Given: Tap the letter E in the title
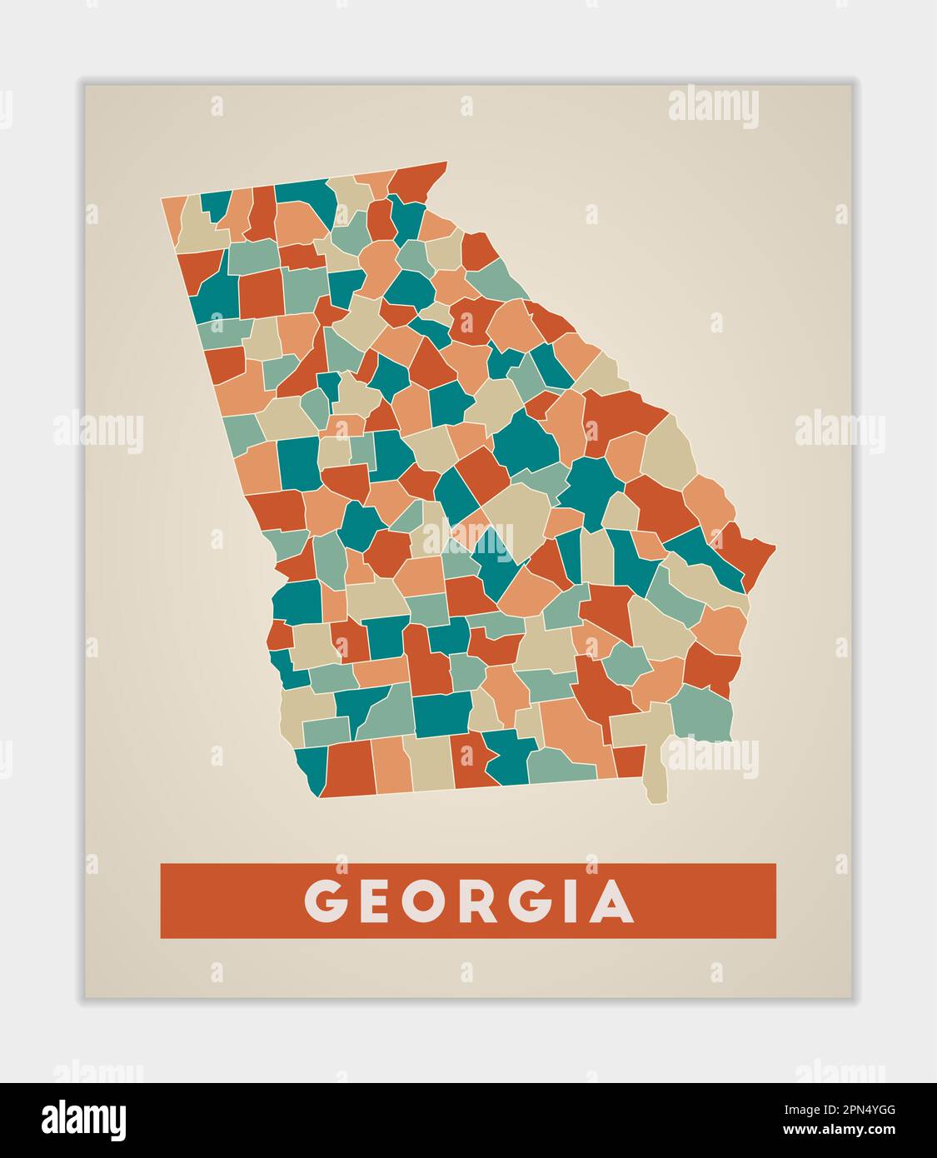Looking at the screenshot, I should [376, 901].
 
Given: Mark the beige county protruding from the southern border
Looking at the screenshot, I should [655, 766].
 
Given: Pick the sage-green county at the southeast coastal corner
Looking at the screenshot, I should [701, 713].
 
